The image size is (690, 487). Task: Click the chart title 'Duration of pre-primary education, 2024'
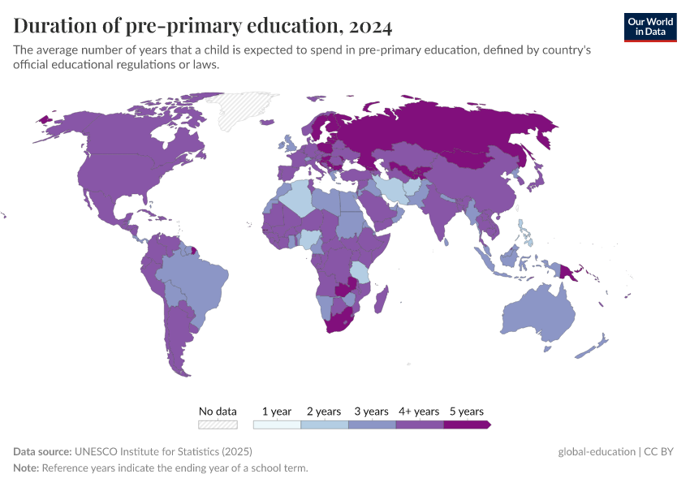click(203, 26)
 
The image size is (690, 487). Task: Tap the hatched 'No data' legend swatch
click(218, 424)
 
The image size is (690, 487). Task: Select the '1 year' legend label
click(277, 412)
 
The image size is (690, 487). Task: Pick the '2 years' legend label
click(324, 412)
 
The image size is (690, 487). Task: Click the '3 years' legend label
click(372, 412)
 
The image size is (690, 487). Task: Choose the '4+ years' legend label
click(419, 412)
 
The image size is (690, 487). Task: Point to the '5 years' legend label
click(466, 412)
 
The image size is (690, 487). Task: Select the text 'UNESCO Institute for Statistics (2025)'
click(163, 452)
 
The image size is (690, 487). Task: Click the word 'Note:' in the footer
click(26, 468)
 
